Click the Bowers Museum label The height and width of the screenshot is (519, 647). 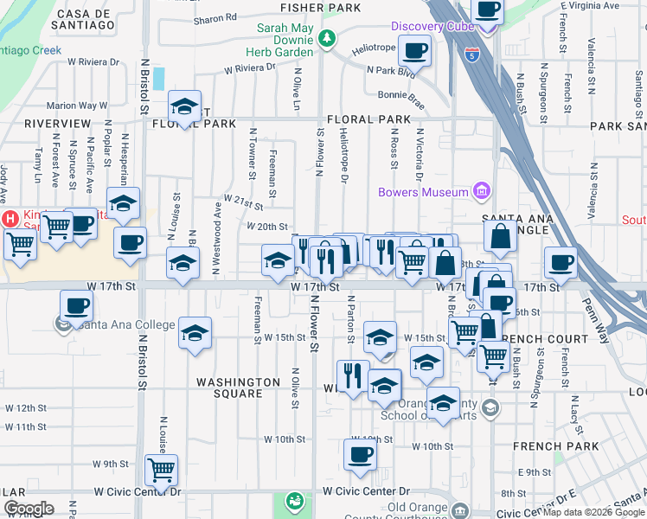point(423,191)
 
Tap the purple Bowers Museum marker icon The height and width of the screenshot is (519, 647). point(483,191)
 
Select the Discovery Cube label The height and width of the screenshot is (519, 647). point(431,26)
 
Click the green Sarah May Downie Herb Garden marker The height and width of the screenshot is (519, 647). point(326,37)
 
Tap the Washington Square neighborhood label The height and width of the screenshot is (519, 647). point(238,388)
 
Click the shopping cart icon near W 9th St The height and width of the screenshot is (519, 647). point(161,469)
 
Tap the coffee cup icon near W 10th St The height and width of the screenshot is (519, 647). point(360,453)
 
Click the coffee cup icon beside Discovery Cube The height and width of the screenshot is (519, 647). point(415,49)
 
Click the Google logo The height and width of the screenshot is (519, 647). point(29,509)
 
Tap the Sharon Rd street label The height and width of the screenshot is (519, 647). point(215,17)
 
